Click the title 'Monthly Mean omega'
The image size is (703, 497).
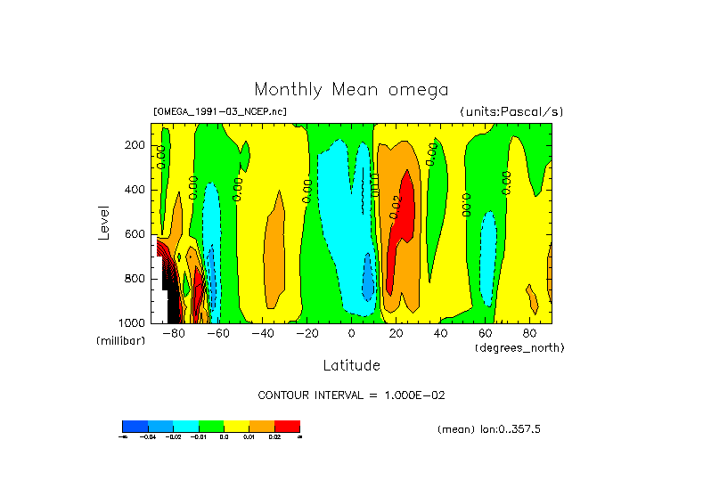(351, 89)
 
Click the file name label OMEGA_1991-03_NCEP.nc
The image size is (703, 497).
(220, 112)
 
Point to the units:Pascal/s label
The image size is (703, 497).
(511, 112)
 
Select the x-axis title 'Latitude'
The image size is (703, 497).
(351, 365)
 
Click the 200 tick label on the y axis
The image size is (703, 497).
(136, 145)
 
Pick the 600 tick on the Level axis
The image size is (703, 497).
(136, 234)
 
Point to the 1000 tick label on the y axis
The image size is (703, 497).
(134, 322)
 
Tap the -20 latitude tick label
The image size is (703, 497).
(307, 334)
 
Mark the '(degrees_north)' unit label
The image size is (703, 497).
(519, 346)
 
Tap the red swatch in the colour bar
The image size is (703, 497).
(287, 427)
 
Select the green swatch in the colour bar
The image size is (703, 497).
(211, 427)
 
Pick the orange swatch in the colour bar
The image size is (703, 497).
(262, 427)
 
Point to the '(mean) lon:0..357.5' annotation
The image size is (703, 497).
(489, 429)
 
